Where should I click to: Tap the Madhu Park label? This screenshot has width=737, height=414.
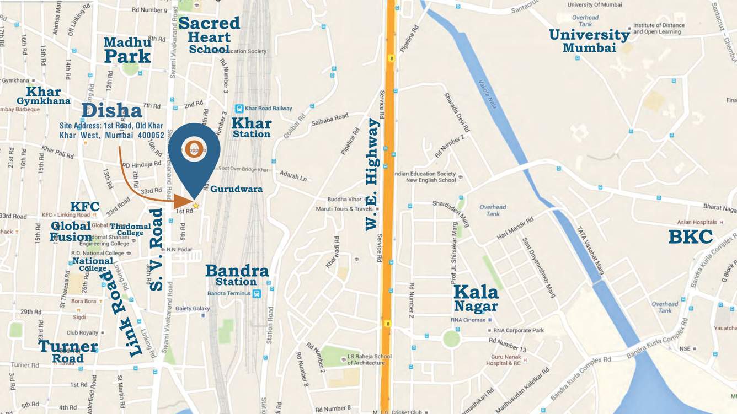[x=127, y=50]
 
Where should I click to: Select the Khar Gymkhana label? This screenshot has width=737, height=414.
[x=44, y=96]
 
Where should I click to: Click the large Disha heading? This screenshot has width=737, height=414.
[x=111, y=110]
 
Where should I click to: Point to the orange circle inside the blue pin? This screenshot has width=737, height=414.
[x=194, y=147]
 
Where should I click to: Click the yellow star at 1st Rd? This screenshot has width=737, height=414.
[x=195, y=206]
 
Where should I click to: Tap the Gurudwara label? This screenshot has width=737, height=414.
[x=236, y=189]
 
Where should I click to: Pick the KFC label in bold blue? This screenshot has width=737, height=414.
[x=85, y=207]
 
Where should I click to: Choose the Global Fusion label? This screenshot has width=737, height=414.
[x=71, y=232]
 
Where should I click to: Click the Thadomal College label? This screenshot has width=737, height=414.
[x=130, y=229]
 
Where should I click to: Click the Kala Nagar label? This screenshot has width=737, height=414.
[x=476, y=298]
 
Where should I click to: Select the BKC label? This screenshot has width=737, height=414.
[x=690, y=236]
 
